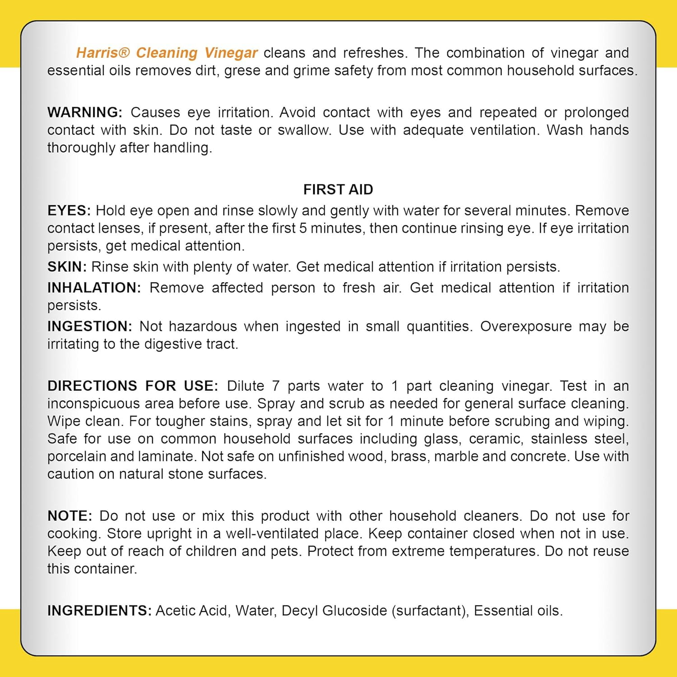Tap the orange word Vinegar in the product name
click(x=231, y=53)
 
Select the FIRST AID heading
click(x=338, y=190)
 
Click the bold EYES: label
click(x=69, y=211)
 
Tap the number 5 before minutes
click(x=303, y=228)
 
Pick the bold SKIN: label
click(x=67, y=267)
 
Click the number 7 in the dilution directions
click(x=275, y=386)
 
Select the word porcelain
click(x=76, y=457)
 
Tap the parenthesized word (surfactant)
click(x=429, y=611)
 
